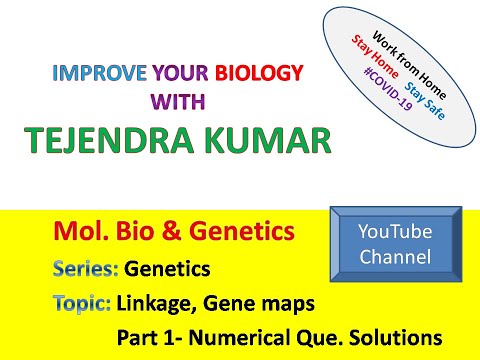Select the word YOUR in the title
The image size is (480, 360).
[x=177, y=74]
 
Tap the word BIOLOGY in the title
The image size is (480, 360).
[x=259, y=74]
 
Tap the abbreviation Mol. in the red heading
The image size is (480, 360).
[x=76, y=234]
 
